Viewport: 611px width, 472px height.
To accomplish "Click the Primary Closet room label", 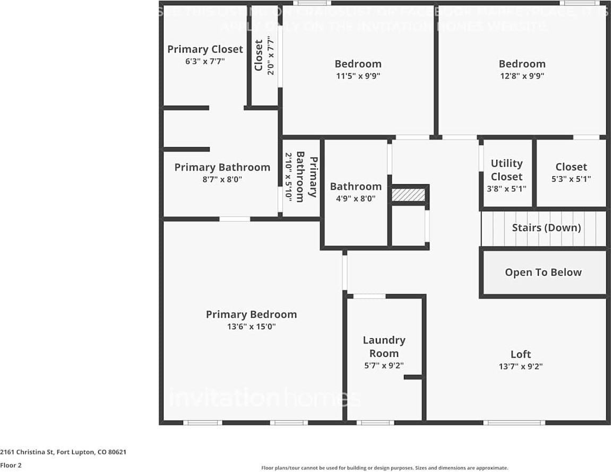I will pos(205,49).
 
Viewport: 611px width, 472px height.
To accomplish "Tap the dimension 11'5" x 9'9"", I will pos(358,76).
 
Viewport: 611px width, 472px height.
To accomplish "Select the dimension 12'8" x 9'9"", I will pos(522,76).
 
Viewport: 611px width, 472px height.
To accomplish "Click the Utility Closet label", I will pos(506,170).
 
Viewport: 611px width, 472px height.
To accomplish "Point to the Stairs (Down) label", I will pos(546,228).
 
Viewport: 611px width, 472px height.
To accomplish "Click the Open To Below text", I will pos(543,272).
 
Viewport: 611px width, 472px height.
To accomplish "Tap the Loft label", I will pos(520,354).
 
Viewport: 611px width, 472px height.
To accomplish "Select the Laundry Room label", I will pos(384,347).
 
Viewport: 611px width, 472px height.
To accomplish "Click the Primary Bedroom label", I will pos(251,314).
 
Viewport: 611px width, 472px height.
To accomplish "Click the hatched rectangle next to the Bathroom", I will pos(408,195).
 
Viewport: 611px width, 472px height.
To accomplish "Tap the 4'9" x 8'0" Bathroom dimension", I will pos(356,199).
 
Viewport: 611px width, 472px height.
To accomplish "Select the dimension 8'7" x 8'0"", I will pos(222,180).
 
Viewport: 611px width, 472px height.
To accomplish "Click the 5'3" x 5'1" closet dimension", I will pos(571,179).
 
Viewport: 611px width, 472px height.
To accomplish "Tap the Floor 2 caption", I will pos(10,465).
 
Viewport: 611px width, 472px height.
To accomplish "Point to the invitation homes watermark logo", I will pos(264,398).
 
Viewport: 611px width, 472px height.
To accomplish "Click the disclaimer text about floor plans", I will pos(384,468).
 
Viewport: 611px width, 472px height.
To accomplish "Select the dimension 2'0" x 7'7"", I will pos(271,55).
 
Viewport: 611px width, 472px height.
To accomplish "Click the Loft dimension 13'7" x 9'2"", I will pos(520,366).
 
